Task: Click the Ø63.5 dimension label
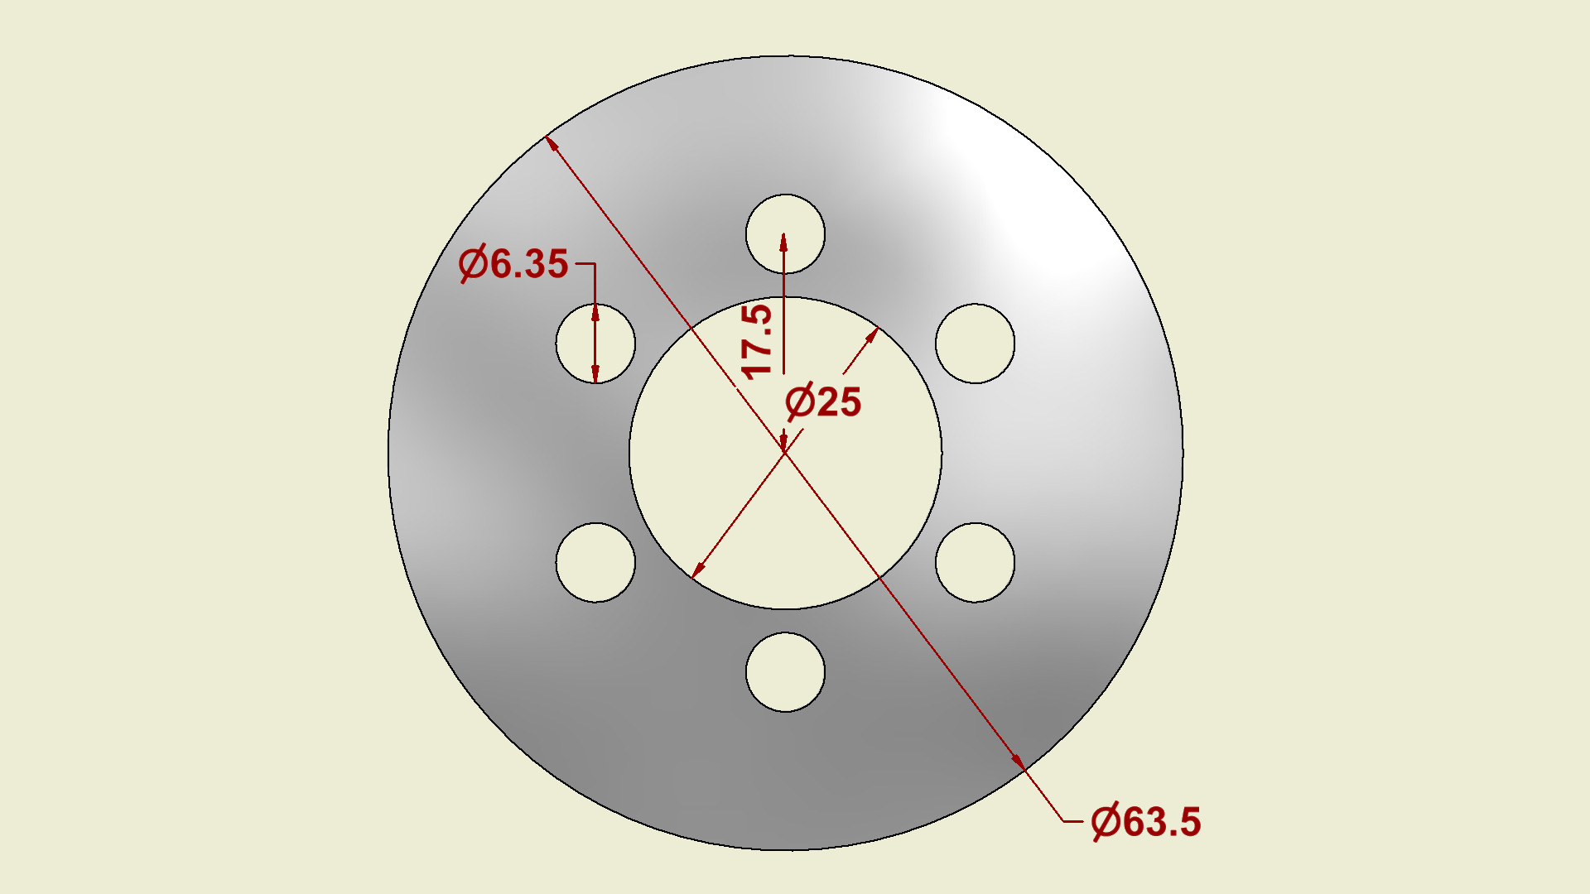tap(1146, 822)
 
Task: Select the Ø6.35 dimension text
tap(513, 264)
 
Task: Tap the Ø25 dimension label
tap(823, 402)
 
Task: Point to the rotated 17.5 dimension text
tap(757, 341)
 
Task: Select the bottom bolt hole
tap(785, 672)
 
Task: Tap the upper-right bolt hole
tap(975, 344)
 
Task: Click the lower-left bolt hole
tap(595, 562)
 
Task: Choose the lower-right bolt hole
tap(975, 562)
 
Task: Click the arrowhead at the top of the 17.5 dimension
tap(783, 242)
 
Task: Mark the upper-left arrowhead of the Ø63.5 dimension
tap(552, 146)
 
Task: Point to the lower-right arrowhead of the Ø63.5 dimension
tap(1018, 762)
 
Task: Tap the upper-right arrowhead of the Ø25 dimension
tap(872, 335)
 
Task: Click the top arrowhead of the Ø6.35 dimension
tap(595, 313)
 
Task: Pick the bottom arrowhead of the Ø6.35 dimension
tap(595, 373)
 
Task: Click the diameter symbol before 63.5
tap(1106, 822)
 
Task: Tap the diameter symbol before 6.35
tap(473, 264)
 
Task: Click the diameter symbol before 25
tap(800, 402)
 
